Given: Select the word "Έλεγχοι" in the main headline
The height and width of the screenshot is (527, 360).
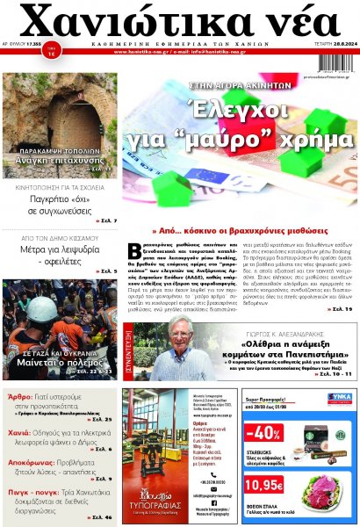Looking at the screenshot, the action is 243,111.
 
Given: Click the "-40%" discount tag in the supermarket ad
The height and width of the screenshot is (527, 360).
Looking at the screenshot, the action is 263,433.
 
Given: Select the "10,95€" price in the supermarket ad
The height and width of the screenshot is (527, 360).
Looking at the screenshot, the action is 263,484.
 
